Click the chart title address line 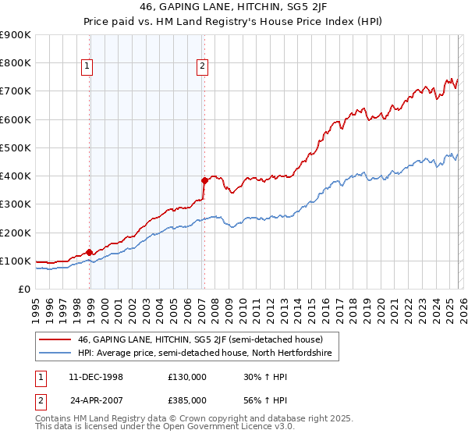pos(234,8)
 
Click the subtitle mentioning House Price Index pos(234,22)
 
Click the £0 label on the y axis pos(23,289)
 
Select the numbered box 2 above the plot pos(201,67)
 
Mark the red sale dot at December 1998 pos(90,252)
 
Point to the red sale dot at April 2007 pos(204,180)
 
